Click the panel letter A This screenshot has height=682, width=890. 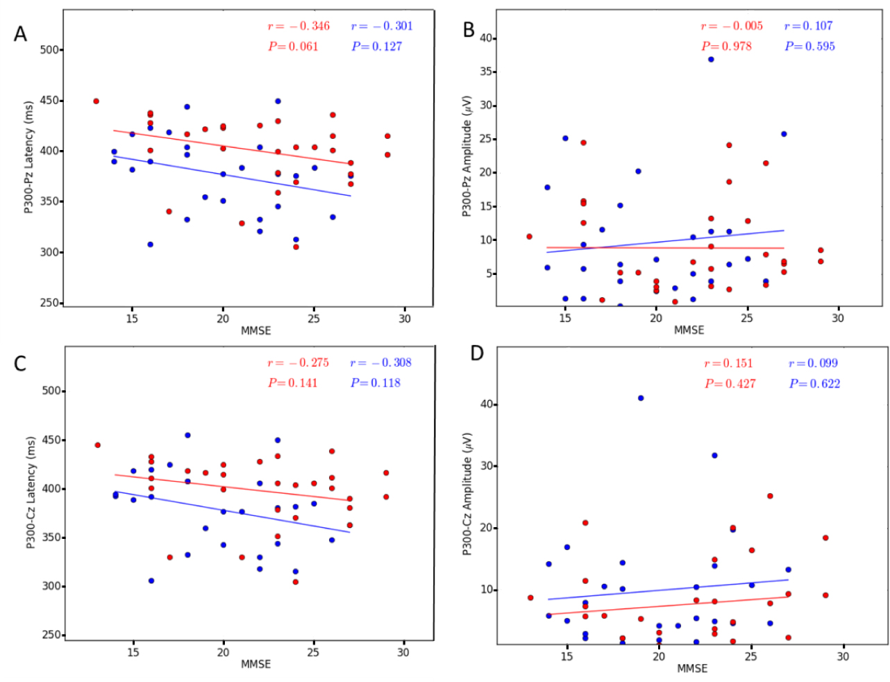[x=21, y=33]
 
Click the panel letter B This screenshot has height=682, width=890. [x=469, y=30]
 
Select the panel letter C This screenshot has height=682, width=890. [x=20, y=364]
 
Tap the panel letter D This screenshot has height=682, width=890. [x=476, y=354]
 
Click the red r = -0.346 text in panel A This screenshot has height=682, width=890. [x=299, y=26]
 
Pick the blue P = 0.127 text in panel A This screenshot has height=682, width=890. [x=376, y=47]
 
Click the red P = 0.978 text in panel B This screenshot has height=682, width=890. [x=726, y=47]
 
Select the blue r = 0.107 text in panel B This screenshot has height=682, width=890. [x=808, y=26]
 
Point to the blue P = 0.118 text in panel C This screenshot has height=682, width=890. [x=376, y=383]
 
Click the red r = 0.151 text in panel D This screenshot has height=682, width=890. [x=728, y=363]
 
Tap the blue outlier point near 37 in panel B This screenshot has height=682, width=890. [x=711, y=60]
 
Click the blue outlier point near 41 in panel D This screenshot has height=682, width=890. [x=641, y=398]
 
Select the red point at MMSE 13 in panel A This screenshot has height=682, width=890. [x=96, y=101]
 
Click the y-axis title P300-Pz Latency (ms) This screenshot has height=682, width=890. [x=29, y=159]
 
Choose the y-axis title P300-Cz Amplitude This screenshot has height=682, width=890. [x=467, y=494]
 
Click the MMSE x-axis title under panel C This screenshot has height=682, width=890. [x=255, y=665]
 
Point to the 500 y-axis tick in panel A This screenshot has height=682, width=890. [x=50, y=50]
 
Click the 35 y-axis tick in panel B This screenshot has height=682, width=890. [x=487, y=72]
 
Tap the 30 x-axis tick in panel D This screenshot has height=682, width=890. [x=843, y=656]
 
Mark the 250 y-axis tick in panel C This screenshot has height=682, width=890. [x=51, y=635]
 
